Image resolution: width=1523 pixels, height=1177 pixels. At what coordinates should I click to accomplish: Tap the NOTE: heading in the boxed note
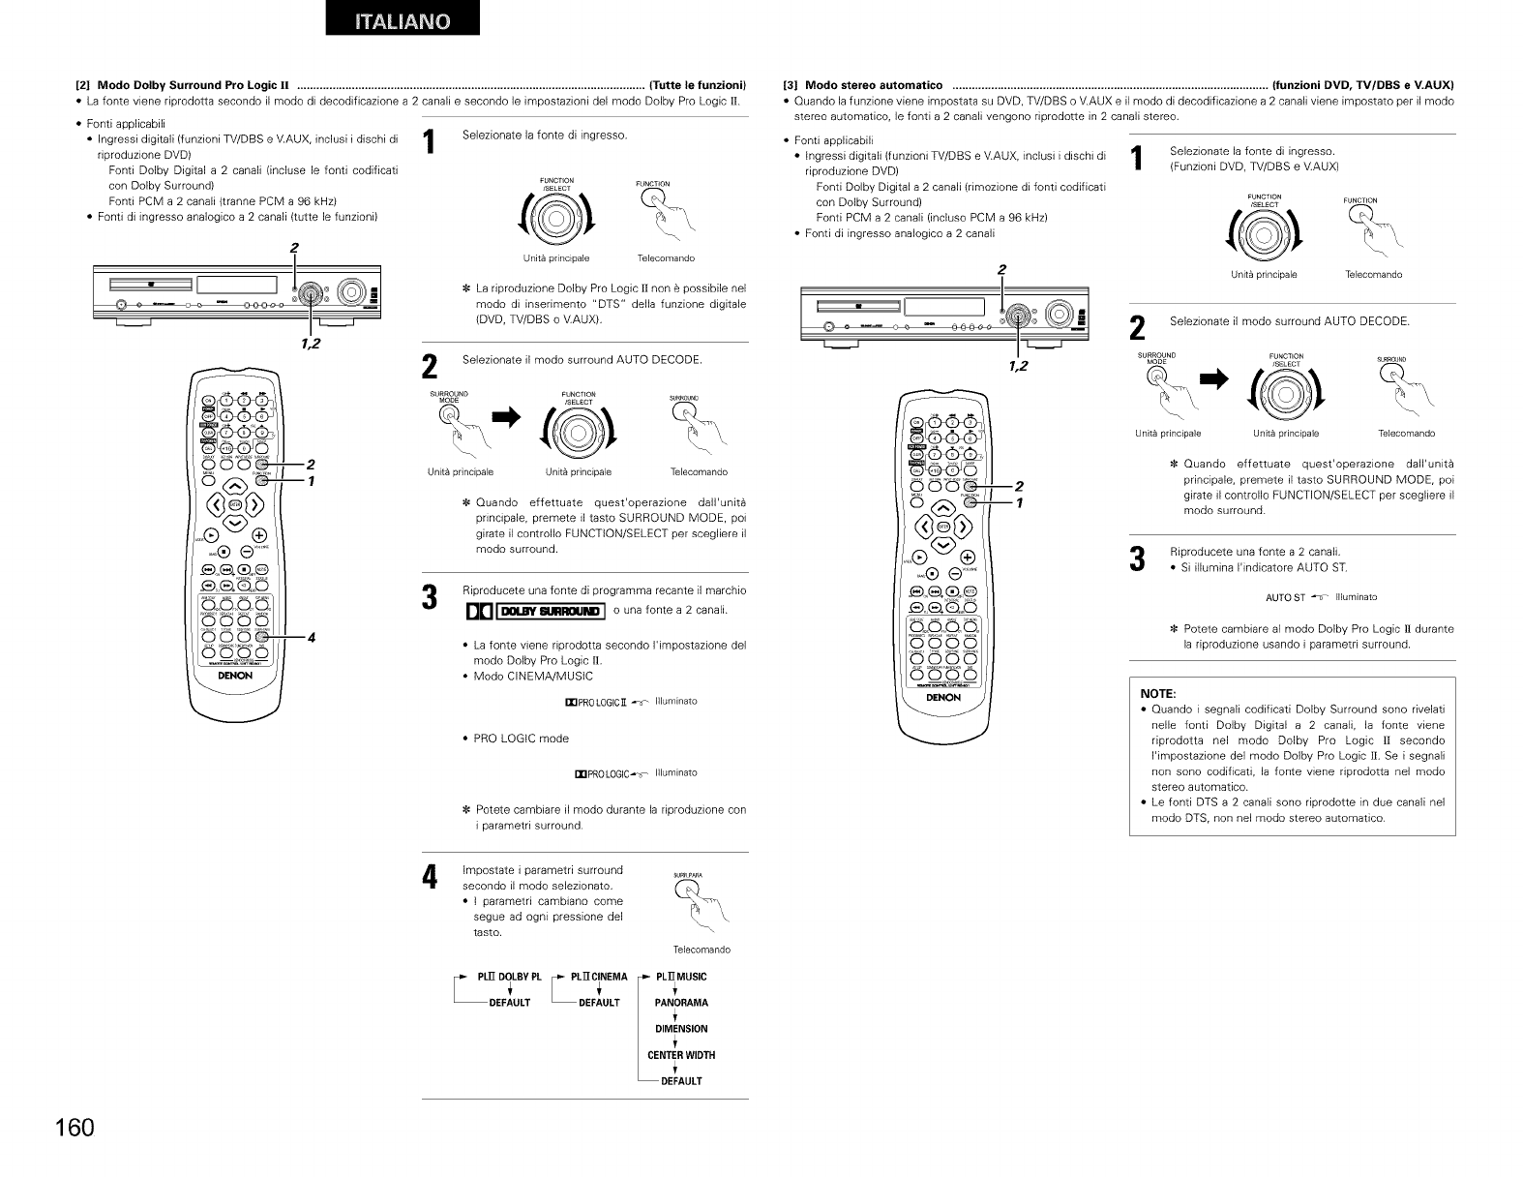pyautogui.click(x=1157, y=694)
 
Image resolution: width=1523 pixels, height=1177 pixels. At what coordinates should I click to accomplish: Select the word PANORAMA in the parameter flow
pyautogui.click(x=681, y=1003)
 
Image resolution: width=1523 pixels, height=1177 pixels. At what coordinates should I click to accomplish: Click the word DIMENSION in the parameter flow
pyautogui.click(x=681, y=1029)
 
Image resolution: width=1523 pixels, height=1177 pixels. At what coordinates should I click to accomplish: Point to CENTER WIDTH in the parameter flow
pyautogui.click(x=681, y=1055)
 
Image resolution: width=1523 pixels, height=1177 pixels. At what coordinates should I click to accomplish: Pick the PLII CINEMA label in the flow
pyautogui.click(x=599, y=977)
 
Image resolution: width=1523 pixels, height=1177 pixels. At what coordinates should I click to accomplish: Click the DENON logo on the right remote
pyautogui.click(x=943, y=697)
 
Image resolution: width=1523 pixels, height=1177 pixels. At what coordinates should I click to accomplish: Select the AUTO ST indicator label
pyautogui.click(x=1286, y=597)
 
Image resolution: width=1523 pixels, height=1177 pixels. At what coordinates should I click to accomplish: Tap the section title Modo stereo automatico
pyautogui.click(x=874, y=84)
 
